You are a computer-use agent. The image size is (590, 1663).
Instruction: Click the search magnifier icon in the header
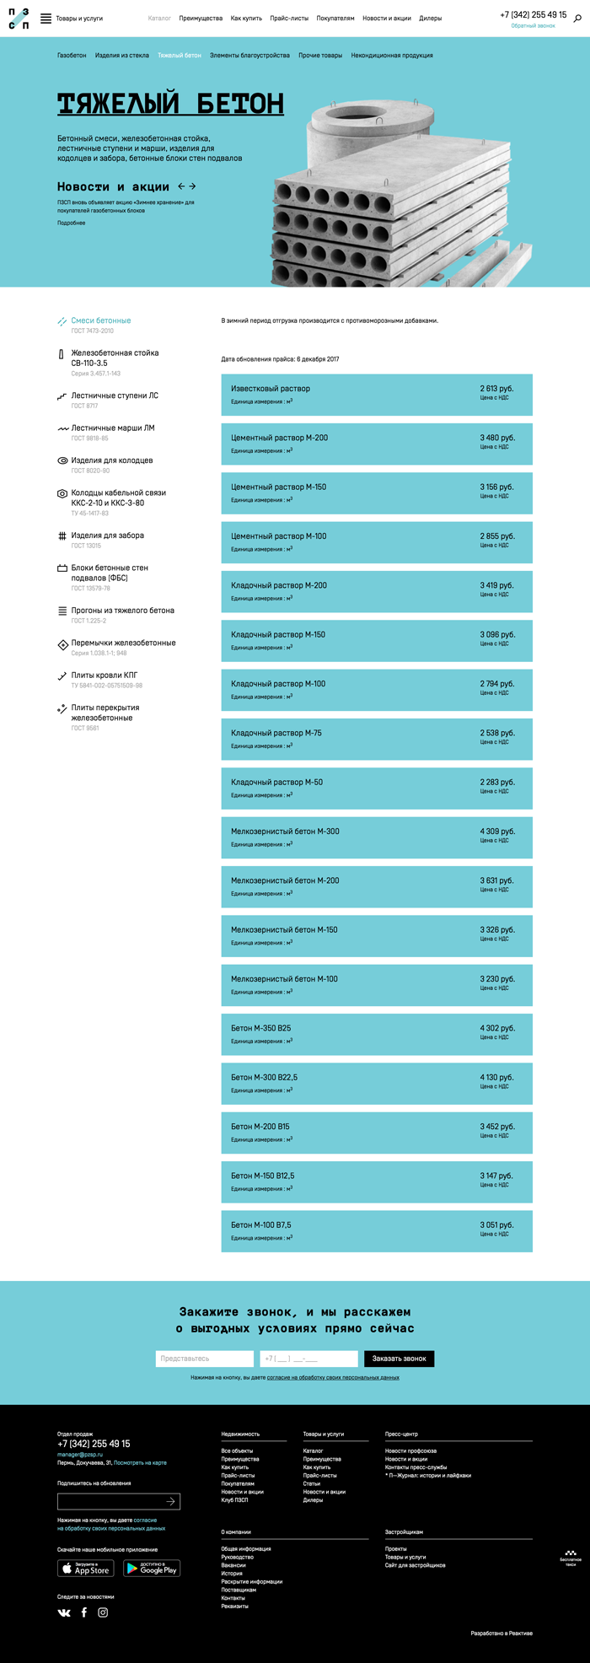[x=577, y=18]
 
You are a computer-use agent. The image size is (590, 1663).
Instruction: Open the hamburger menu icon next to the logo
[x=46, y=18]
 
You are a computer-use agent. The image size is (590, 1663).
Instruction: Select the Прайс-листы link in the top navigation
[x=289, y=18]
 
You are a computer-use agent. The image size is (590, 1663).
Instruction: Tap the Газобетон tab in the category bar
[x=72, y=56]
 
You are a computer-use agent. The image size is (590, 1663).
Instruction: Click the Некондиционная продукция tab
[x=392, y=56]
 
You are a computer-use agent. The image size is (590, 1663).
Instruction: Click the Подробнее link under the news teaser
[x=71, y=223]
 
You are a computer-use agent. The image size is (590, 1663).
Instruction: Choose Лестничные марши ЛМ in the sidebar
[x=113, y=428]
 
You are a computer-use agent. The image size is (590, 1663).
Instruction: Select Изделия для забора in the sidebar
[x=107, y=535]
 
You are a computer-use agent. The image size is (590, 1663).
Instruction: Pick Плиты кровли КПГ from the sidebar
[x=105, y=675]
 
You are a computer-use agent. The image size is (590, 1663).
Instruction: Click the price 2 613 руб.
[x=496, y=389]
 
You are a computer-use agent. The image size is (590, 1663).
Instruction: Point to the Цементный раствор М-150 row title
[x=278, y=487]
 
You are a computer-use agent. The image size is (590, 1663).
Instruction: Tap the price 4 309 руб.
[x=496, y=831]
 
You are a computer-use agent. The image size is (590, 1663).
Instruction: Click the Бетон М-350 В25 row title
[x=260, y=1028]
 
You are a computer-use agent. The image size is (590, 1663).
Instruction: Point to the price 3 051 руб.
[x=496, y=1225]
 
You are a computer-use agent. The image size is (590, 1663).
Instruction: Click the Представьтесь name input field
[x=204, y=1359]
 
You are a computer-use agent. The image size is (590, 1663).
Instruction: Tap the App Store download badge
[x=85, y=1569]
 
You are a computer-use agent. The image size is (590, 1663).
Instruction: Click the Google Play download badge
[x=152, y=1569]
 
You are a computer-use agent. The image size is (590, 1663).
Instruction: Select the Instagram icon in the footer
[x=103, y=1612]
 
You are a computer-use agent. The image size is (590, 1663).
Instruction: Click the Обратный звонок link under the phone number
[x=533, y=26]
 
